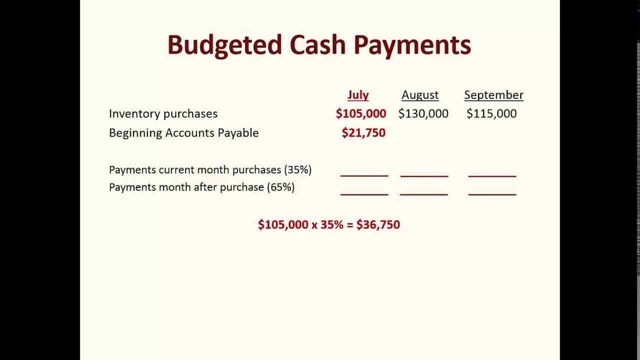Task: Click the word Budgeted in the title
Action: point(224,45)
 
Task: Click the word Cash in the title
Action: point(317,45)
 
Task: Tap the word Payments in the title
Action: point(412,45)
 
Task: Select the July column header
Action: point(358,95)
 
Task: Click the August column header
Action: point(420,95)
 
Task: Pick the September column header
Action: point(493,95)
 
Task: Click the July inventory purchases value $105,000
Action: point(361,114)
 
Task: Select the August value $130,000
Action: point(423,114)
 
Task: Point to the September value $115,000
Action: point(491,114)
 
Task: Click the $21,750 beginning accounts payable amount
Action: point(363,133)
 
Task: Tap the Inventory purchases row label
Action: point(163,114)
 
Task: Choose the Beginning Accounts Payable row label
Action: point(184,133)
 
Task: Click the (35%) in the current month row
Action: point(297,170)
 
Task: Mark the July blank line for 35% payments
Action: point(364,175)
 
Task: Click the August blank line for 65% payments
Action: point(424,193)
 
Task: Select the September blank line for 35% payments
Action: point(492,175)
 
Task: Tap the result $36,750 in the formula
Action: point(378,225)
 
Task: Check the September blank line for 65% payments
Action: point(492,193)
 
